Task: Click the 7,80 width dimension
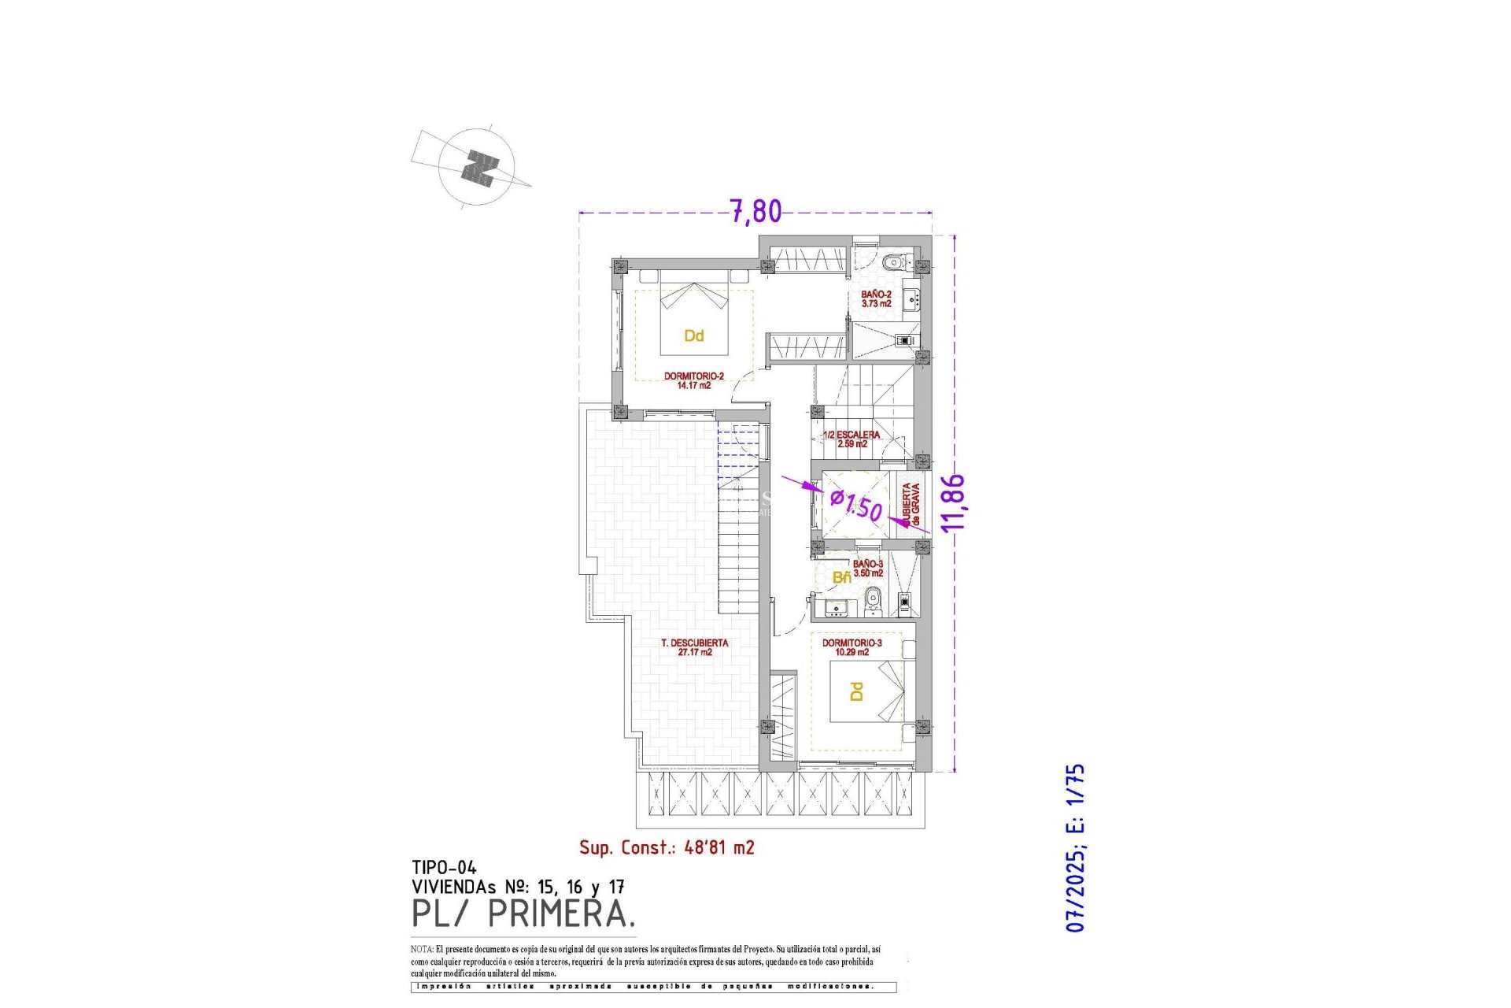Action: (755, 211)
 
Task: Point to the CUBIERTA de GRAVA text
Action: (911, 504)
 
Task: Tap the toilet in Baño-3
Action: (871, 604)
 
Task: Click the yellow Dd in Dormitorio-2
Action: (693, 336)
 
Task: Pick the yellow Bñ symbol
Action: (841, 577)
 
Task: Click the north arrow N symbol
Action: (479, 168)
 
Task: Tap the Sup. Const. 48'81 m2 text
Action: (667, 847)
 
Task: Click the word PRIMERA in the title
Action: (561, 914)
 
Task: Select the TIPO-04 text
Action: (444, 868)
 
